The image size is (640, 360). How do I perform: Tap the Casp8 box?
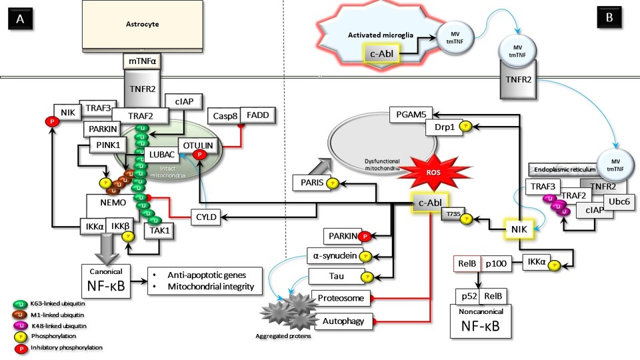tap(224, 115)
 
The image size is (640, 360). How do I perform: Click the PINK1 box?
tap(107, 145)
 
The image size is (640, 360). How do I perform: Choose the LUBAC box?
tap(161, 155)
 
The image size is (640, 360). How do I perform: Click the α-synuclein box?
tap(333, 255)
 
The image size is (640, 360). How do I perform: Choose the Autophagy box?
tap(343, 322)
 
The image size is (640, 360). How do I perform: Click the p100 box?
tap(499, 264)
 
